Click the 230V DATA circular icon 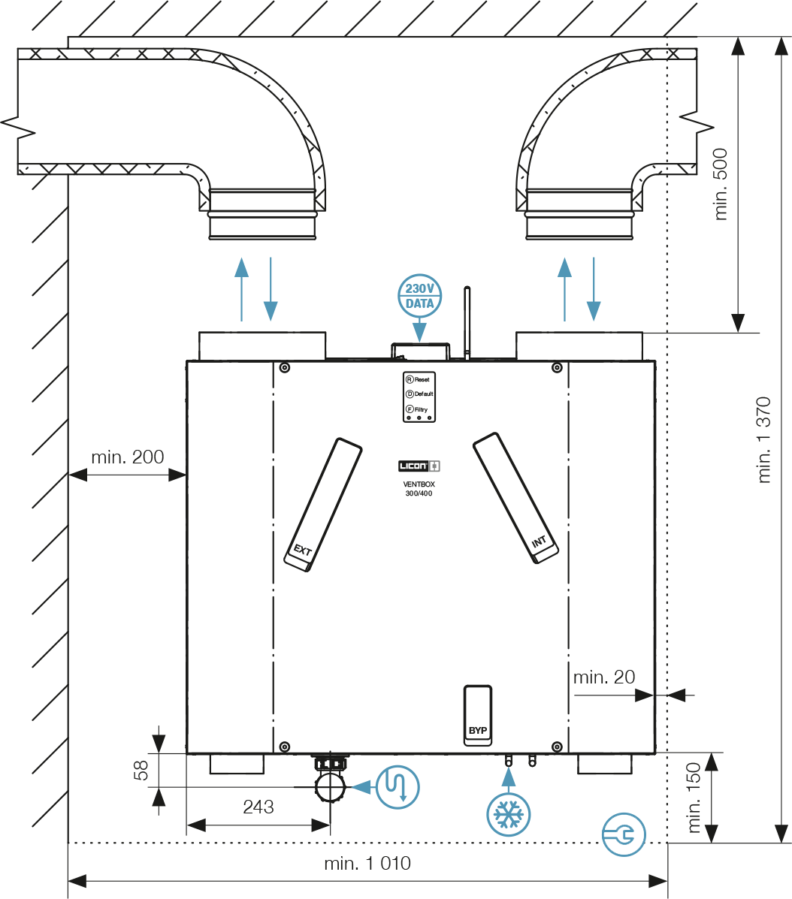coord(419,295)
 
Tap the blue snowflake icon coord(509,813)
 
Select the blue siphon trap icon coord(398,786)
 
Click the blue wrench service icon coord(624,834)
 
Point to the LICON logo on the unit coord(419,466)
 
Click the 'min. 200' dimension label coord(127,457)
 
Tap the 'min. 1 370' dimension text coord(765,439)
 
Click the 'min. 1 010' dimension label coord(367,864)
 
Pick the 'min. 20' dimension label coord(604,677)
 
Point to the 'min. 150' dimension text coord(694,798)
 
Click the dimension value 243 coord(258,807)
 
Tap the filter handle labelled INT coord(516,499)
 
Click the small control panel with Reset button coord(419,395)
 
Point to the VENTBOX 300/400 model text coord(419,490)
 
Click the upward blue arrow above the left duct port coord(241,288)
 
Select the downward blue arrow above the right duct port coord(594,288)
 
